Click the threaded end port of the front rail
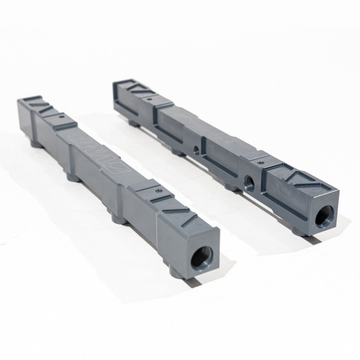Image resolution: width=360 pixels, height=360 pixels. [x=201, y=260]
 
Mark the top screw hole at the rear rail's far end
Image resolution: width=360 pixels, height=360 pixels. [x=148, y=96]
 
